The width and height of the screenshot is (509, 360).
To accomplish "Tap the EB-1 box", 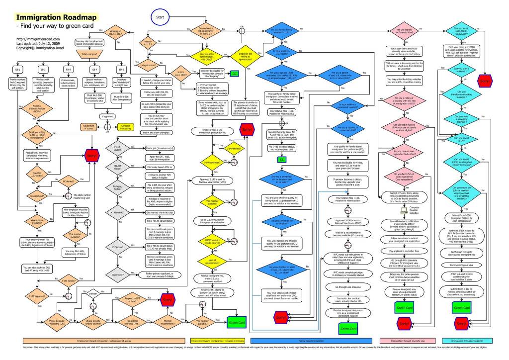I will tap(18, 70).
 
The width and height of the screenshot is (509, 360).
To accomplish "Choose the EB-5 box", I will tap(120, 70).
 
